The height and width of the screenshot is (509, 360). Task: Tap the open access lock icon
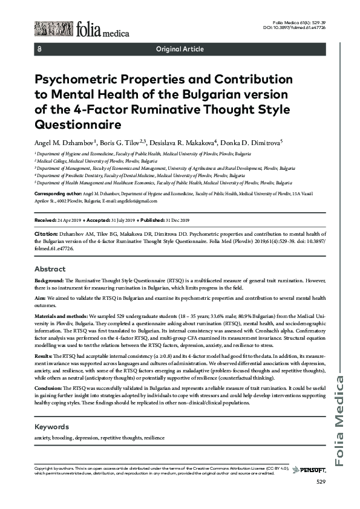click(x=40, y=49)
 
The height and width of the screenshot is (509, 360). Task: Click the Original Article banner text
click(x=180, y=49)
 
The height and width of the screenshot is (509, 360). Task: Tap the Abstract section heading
click(x=50, y=268)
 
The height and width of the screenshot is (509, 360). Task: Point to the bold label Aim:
click(x=41, y=299)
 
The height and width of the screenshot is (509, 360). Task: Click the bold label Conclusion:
click(x=49, y=387)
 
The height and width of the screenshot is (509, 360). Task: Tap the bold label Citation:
click(x=45, y=233)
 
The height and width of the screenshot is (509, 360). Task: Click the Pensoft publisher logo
click(x=311, y=470)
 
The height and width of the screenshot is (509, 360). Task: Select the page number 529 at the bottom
click(x=321, y=482)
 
